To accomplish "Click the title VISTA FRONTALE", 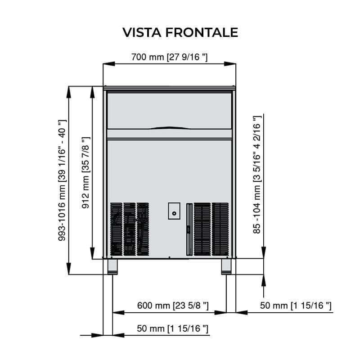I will pos(180,32).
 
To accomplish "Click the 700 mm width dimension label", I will pos(169,57).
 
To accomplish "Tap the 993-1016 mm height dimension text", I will pos(63,180).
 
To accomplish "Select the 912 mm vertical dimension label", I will pos(85,174).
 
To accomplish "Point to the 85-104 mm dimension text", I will pos(257,175).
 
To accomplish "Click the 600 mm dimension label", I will pos(173,306).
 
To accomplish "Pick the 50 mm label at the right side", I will pos(296,306).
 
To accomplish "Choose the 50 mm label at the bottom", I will pos(173,329).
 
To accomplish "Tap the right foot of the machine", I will pos(227,266).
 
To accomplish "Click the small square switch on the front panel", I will pos(174,211).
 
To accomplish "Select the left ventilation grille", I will pos(130,229).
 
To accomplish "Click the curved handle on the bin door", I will pos(169,127).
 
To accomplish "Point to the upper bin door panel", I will pos(169,110).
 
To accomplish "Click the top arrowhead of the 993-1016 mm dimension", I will pos(69,90).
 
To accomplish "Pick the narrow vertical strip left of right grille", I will pos(189,229).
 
